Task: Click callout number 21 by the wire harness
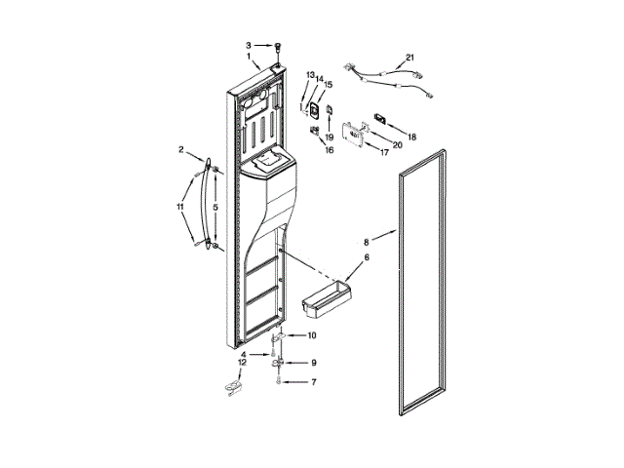pos(410,57)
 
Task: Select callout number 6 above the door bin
pos(368,257)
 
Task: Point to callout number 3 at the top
pos(249,45)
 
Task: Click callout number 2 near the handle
pos(180,149)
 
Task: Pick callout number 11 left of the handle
pos(179,207)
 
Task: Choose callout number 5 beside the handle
pos(216,207)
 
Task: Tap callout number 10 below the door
pos(311,335)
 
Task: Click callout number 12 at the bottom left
pos(244,363)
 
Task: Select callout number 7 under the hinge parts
pos(314,383)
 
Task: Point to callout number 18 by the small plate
pos(411,137)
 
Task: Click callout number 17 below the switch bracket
pos(370,152)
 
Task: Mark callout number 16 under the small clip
pos(329,150)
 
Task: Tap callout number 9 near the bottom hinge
pos(314,363)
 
